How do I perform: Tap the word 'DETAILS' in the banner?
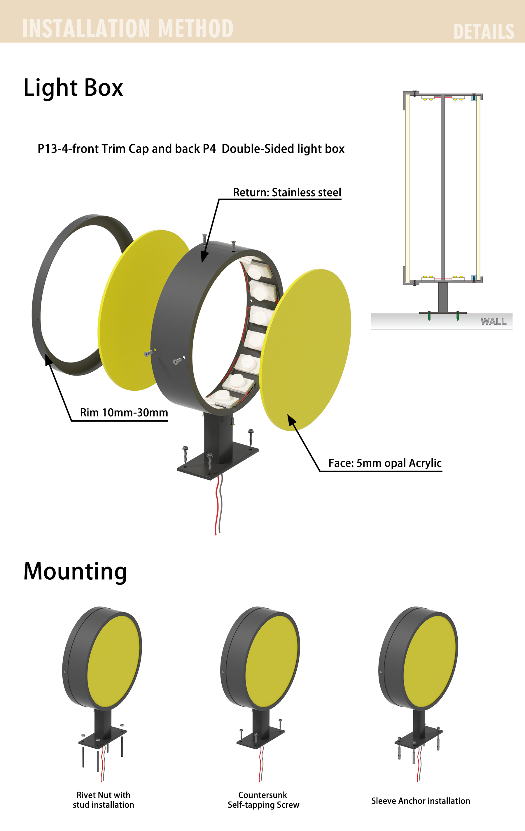484,32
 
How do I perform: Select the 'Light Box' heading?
73,88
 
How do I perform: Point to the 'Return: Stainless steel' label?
287,192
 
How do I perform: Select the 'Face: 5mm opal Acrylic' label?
385,463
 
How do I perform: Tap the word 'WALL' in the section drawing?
494,322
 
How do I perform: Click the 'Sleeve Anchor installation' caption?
420,801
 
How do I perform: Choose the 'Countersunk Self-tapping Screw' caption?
263,800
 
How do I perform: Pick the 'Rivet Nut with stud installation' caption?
103,800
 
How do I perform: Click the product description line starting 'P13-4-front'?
191,149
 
